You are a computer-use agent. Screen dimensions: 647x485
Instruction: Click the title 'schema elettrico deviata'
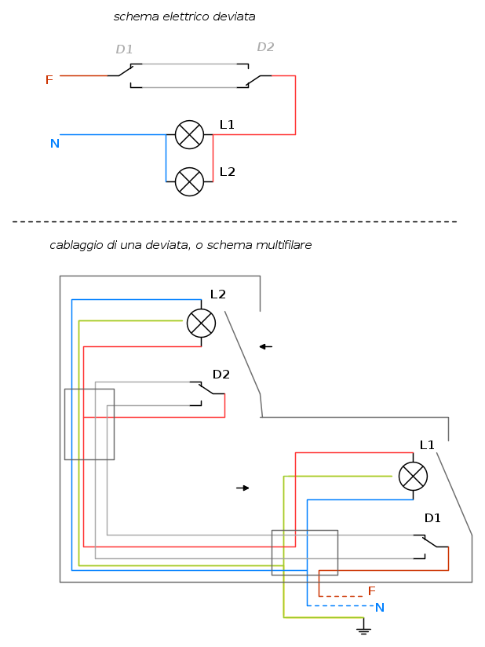[x=184, y=16]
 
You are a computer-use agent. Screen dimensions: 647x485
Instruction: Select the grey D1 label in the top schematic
[x=124, y=49]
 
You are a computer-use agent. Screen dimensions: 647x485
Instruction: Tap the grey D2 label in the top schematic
[x=265, y=47]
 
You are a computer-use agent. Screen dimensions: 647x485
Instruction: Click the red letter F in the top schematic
[x=49, y=80]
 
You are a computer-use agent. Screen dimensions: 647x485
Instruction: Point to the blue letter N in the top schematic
[x=55, y=144]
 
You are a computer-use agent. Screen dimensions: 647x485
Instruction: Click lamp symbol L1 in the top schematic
[x=189, y=134]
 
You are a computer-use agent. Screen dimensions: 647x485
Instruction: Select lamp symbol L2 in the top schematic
[x=189, y=181]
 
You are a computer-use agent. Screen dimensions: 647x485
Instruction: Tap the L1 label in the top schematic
[x=227, y=125]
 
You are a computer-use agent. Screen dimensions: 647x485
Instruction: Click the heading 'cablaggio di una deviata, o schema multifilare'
[x=181, y=245]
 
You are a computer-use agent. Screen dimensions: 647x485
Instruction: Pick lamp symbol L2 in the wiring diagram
[x=201, y=323]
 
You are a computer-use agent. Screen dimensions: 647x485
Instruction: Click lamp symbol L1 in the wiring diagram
[x=413, y=476]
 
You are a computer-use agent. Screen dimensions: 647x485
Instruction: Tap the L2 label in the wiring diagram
[x=217, y=294]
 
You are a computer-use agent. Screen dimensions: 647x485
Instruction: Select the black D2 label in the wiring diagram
[x=221, y=375]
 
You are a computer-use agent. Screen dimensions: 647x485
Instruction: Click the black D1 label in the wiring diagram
[x=432, y=518]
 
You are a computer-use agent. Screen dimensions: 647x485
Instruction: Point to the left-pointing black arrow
[x=265, y=346]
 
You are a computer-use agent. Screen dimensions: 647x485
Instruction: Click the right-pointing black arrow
[x=242, y=488]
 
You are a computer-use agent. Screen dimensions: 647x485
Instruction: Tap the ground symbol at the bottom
[x=363, y=628]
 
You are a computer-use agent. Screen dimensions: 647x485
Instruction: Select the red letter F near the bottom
[x=372, y=591]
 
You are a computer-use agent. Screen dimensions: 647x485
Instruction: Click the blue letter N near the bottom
[x=380, y=608]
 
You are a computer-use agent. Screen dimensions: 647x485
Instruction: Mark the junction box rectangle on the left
[x=89, y=424]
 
